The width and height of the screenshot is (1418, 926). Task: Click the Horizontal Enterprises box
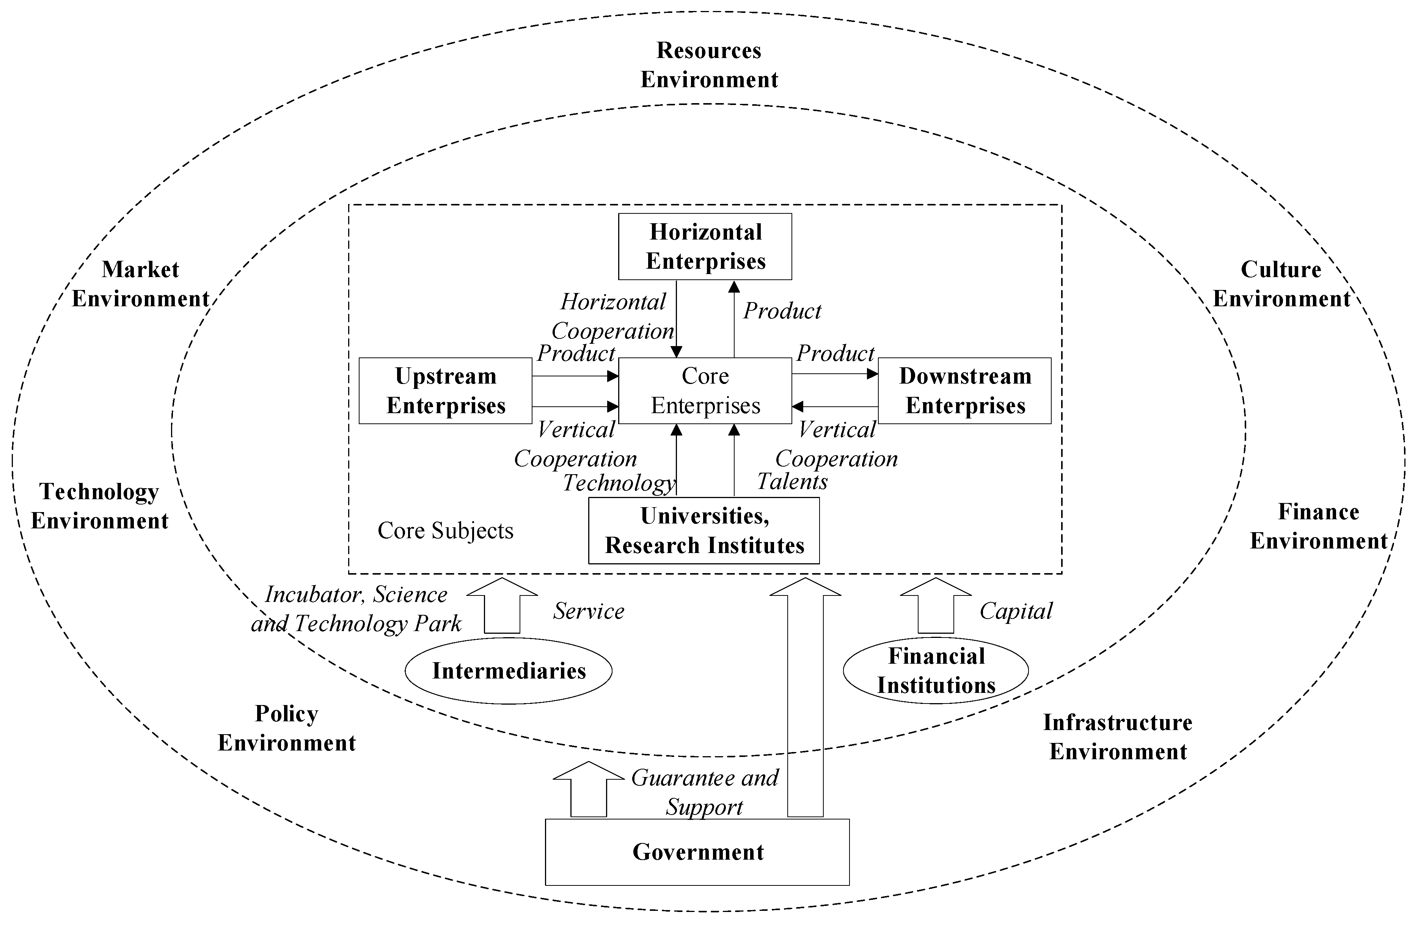pyautogui.click(x=705, y=246)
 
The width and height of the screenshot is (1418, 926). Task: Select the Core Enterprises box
pyautogui.click(x=705, y=391)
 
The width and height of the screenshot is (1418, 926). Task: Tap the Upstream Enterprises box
pyautogui.click(x=445, y=391)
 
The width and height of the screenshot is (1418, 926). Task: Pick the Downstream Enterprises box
pyautogui.click(x=964, y=391)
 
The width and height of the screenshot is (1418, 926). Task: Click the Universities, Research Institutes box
pyautogui.click(x=704, y=531)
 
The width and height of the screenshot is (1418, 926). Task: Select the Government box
pyautogui.click(x=697, y=852)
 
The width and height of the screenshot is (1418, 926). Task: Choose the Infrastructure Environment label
pyautogui.click(x=1118, y=736)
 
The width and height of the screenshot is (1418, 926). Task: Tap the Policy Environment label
pyautogui.click(x=287, y=728)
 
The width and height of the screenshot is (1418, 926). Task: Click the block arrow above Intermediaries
pyautogui.click(x=502, y=606)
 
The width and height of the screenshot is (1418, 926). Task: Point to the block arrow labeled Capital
pyautogui.click(x=935, y=606)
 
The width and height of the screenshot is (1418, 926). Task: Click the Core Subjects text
pyautogui.click(x=445, y=531)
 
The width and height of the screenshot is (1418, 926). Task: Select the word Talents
pyautogui.click(x=792, y=481)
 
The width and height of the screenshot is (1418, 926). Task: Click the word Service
pyautogui.click(x=589, y=611)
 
